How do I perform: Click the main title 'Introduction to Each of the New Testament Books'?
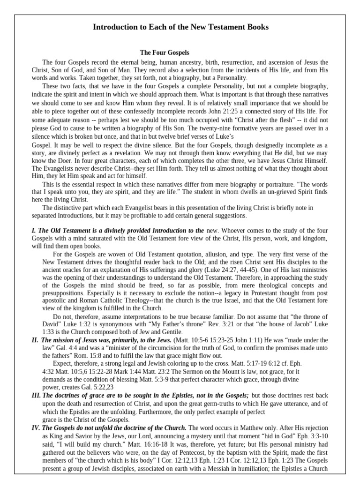click(x=180, y=27)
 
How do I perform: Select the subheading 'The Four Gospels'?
click(x=165, y=53)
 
